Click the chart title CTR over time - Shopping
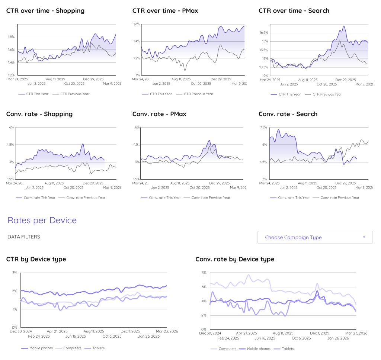click(x=45, y=11)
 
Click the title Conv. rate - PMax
click(x=159, y=114)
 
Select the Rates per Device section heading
click(x=42, y=220)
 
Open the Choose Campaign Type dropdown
click(x=315, y=237)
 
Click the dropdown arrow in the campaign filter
click(x=364, y=237)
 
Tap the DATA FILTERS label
click(x=24, y=237)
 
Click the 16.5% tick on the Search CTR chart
click(x=263, y=33)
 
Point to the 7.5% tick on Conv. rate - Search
click(x=263, y=127)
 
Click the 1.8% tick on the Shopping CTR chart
click(x=11, y=37)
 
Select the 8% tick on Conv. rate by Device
click(x=204, y=273)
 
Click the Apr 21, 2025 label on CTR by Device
click(x=57, y=331)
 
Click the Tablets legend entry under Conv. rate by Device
click(x=288, y=349)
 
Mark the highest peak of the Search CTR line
click(x=344, y=26)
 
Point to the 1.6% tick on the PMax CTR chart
click(x=136, y=24)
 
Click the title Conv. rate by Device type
click(x=235, y=259)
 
